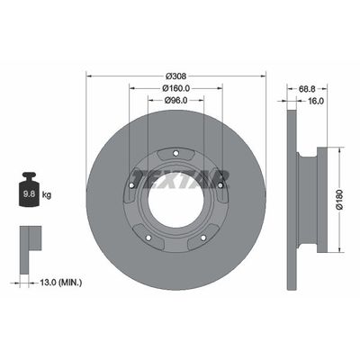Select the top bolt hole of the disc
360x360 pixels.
(176, 150)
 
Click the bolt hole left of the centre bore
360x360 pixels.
(132, 185)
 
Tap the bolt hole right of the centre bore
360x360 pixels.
(220, 185)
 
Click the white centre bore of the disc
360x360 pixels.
(176, 194)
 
